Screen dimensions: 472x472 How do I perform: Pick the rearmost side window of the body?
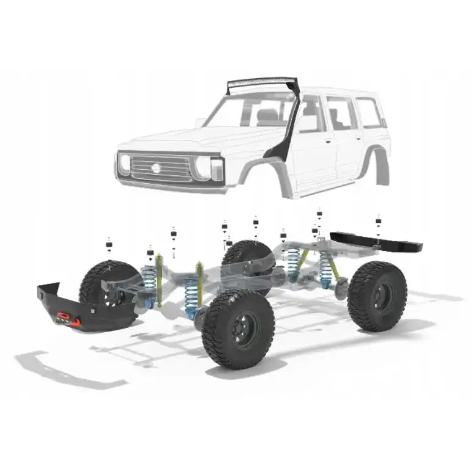[368, 114]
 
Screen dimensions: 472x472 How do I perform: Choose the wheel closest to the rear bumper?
[377, 296]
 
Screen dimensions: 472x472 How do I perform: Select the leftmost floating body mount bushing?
[109, 245]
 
